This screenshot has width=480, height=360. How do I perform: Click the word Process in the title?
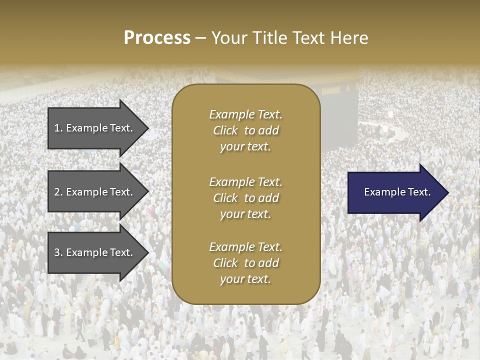157,38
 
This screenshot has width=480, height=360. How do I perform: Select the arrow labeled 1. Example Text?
95,128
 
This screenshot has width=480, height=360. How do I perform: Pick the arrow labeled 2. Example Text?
95,192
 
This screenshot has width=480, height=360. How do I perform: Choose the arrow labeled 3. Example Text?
95,252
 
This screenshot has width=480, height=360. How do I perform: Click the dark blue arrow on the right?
395,192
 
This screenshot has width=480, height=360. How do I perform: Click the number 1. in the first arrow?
58,128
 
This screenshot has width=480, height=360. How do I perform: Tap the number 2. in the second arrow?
58,192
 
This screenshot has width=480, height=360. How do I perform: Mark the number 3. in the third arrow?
58,252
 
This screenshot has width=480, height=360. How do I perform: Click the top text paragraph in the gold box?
245,130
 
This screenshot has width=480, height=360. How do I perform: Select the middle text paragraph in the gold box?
245,198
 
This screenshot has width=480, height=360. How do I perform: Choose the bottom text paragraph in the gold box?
245,263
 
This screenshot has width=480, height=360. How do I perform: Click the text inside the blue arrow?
397,192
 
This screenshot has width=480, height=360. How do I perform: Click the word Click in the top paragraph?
225,130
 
